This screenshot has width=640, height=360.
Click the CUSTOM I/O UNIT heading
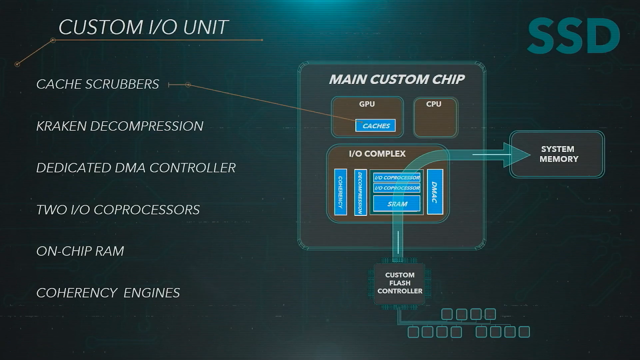143,28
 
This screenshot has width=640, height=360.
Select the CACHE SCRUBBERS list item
98,84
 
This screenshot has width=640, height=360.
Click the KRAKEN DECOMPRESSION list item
120,126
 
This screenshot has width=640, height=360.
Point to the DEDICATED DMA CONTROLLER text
136,168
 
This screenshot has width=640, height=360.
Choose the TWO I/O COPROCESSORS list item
118,210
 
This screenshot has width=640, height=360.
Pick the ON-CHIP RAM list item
80,251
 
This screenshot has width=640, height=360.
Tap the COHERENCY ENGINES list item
108,293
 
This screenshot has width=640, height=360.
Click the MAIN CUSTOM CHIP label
397,80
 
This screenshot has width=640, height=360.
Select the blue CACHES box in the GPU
376,126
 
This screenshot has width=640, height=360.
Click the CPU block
435,118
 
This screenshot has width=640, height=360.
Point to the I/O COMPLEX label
377,154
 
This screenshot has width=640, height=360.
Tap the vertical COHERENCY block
340,192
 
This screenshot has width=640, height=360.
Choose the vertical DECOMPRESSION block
360,192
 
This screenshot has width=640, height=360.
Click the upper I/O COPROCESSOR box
397,177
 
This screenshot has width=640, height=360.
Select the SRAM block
397,204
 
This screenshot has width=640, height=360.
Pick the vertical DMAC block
435,192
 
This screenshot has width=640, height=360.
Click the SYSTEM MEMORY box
558,154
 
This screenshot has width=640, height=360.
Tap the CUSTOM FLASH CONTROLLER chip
400,283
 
